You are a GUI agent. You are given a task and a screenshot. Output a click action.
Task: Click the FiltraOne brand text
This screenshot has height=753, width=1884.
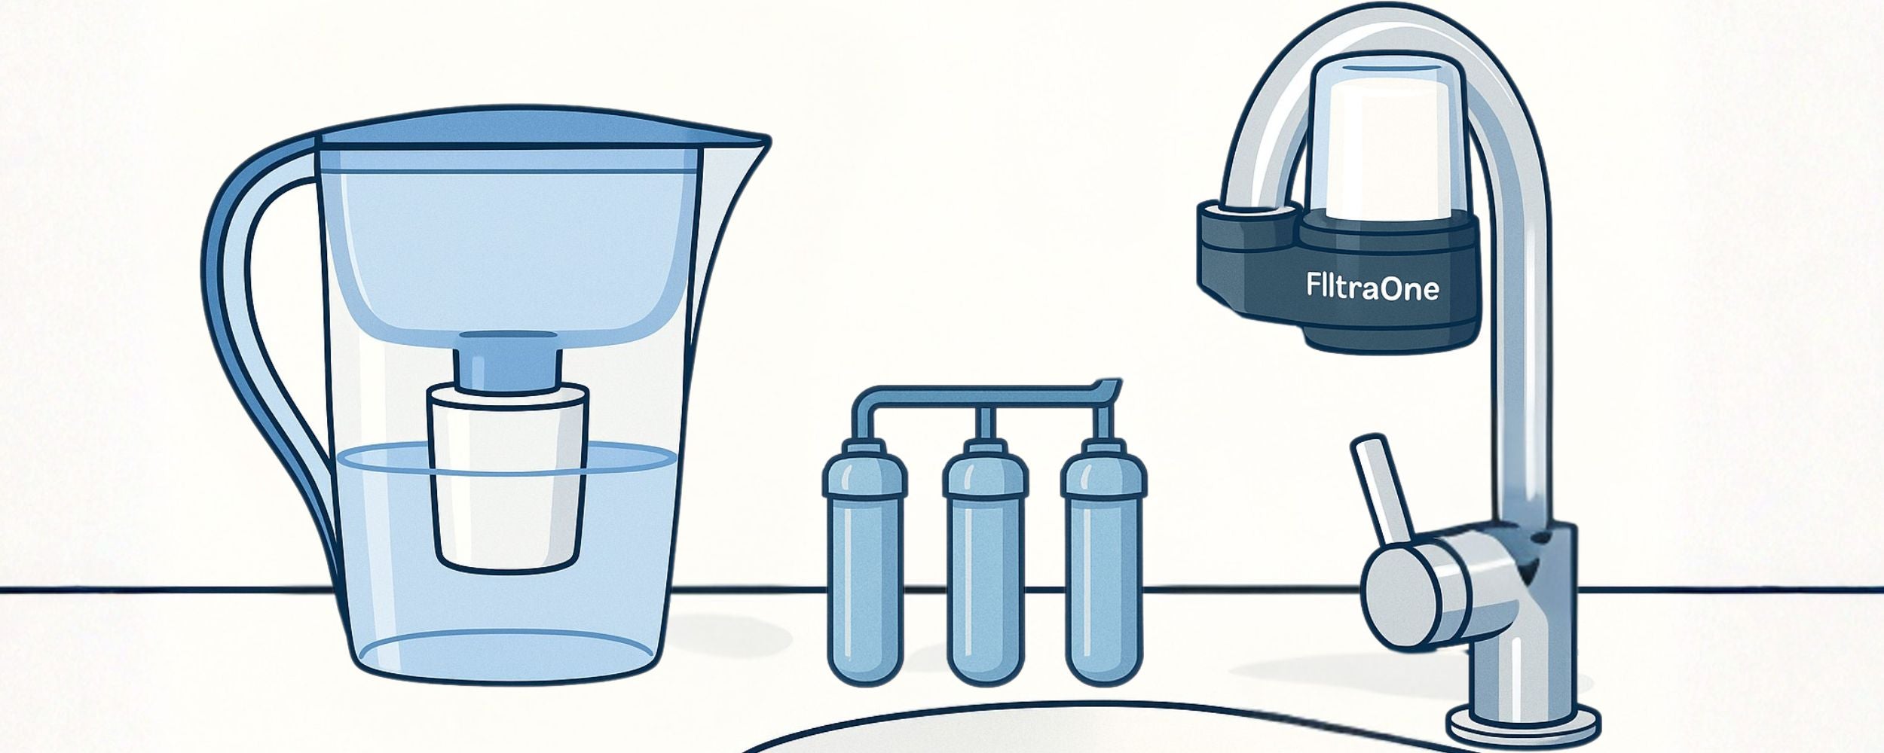tap(1372, 288)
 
